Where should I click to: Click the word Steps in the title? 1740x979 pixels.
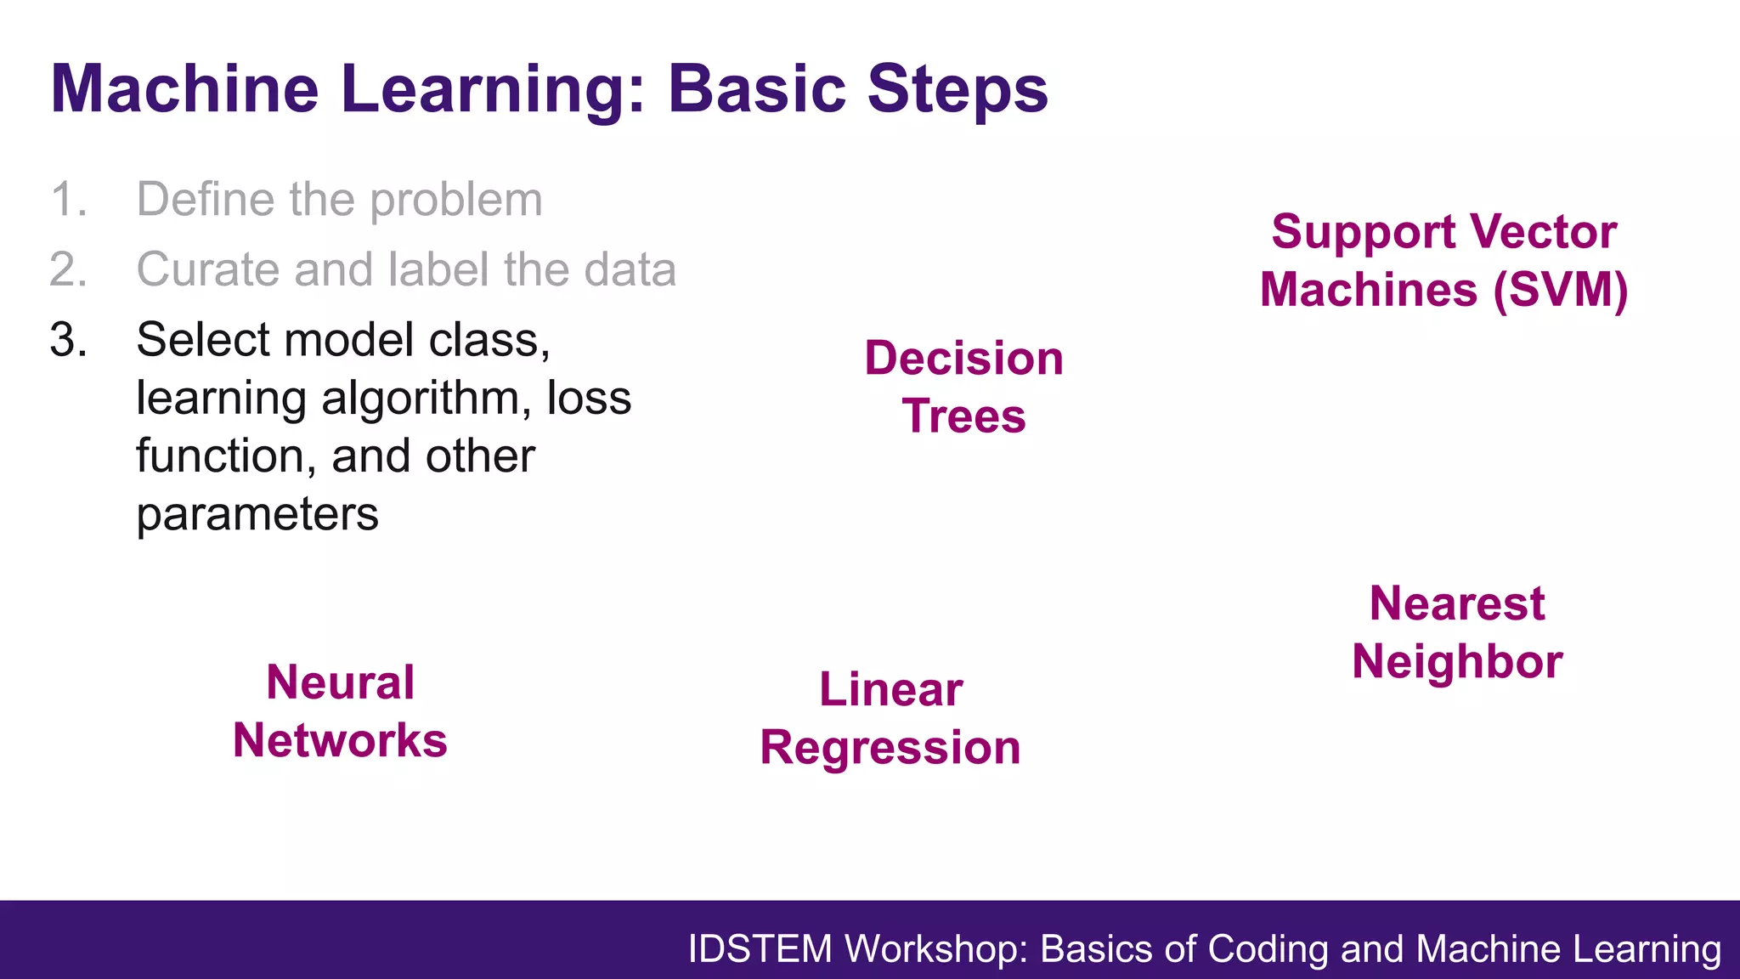tap(958, 89)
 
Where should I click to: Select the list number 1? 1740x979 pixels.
tap(68, 200)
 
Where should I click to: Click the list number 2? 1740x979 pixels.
tap(68, 270)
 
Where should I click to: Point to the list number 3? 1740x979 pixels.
tap(68, 340)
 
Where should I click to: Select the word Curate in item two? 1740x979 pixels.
tap(207, 270)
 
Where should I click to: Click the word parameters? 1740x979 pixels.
tap(257, 515)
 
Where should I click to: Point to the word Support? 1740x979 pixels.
tap(1364, 233)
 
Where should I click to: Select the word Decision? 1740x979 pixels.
tap(963, 358)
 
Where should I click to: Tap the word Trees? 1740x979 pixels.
tap(963, 416)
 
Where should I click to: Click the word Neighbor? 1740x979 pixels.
tap(1456, 662)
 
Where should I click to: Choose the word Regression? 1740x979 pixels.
tap(890, 748)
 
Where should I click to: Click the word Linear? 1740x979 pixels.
tap(890, 689)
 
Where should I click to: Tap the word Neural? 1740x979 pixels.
tap(340, 682)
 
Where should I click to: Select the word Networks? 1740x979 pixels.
tap(340, 740)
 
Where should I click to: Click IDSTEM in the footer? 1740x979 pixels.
tap(759, 949)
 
